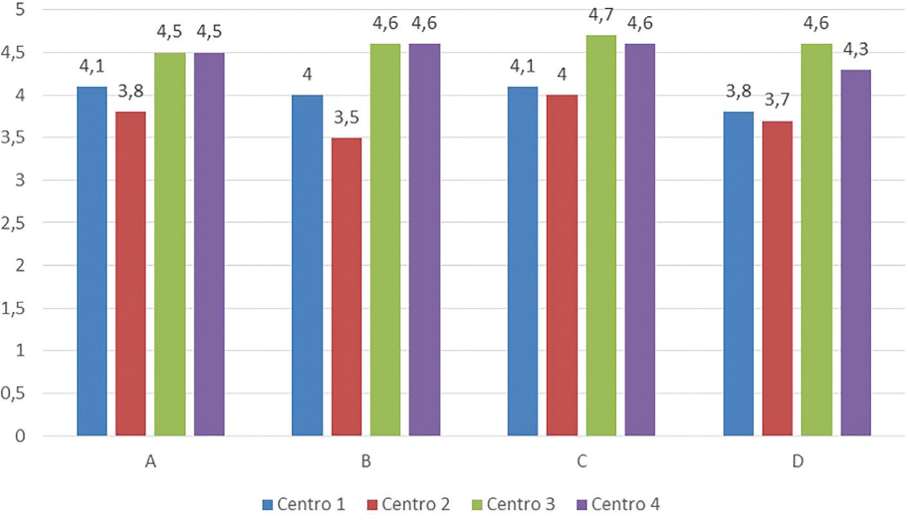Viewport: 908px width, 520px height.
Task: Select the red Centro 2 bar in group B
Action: (x=346, y=286)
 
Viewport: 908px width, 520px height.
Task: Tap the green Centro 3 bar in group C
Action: (x=600, y=235)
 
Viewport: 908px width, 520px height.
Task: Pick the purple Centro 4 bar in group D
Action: (x=855, y=252)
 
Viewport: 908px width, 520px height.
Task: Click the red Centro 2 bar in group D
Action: (x=777, y=278)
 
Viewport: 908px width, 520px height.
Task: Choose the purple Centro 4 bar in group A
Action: (x=209, y=244)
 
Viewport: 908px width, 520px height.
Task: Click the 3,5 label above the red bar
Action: (x=346, y=120)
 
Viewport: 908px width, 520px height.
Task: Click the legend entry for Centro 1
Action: (x=304, y=504)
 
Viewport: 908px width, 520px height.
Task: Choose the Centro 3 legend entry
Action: (x=513, y=504)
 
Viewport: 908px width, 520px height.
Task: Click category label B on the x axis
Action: (x=366, y=463)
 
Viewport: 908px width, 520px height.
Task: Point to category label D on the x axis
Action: (x=797, y=463)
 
